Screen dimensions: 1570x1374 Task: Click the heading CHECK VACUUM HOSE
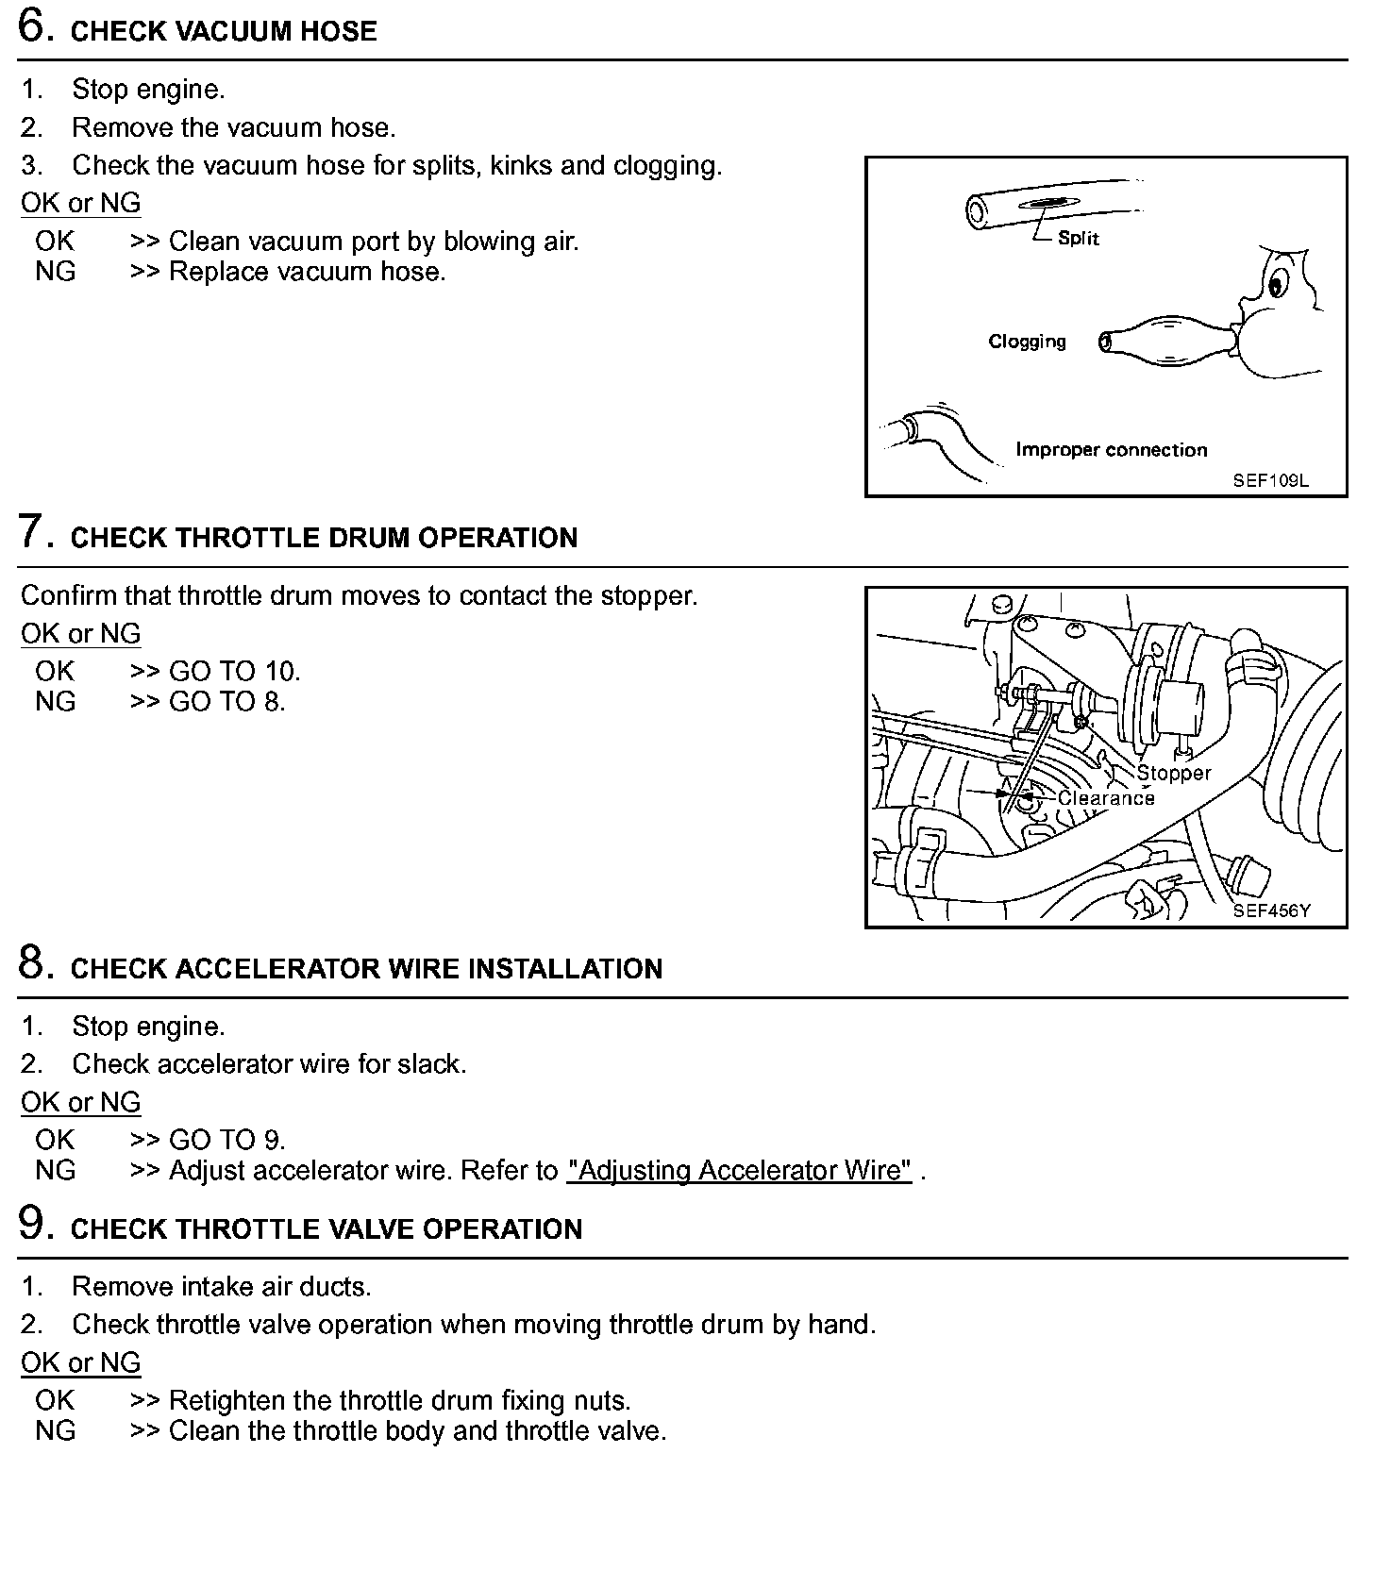[x=224, y=32]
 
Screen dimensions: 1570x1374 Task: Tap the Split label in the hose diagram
[x=1078, y=238]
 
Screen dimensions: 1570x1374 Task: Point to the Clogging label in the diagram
[x=1027, y=342]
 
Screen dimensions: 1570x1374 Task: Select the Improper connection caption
[x=1111, y=450]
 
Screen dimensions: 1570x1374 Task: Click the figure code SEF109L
[x=1270, y=480]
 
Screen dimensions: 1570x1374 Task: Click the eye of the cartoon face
[x=1278, y=282]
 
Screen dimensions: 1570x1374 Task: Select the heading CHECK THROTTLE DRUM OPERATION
[x=324, y=539]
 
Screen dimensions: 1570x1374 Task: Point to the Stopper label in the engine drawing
[x=1173, y=774]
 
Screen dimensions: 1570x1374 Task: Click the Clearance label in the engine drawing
[x=1106, y=798]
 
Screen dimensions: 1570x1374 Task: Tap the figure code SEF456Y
[x=1271, y=910]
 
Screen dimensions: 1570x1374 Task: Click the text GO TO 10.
[x=234, y=672]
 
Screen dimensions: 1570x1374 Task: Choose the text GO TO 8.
[x=226, y=702]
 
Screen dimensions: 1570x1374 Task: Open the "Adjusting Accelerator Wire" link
[x=739, y=1171]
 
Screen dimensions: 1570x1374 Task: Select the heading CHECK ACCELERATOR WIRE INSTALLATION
[x=366, y=970]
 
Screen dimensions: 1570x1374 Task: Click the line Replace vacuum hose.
[x=307, y=272]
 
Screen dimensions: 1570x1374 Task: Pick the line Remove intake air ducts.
[x=222, y=1287]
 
